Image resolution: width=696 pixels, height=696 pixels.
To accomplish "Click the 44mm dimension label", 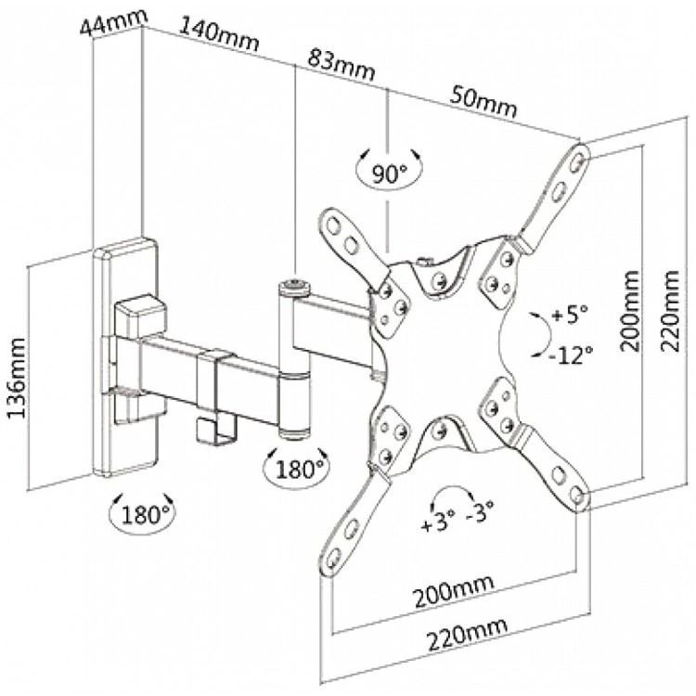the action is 113,22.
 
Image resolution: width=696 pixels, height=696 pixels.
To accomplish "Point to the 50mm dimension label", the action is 483,102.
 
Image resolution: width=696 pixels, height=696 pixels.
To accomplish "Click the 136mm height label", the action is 17,379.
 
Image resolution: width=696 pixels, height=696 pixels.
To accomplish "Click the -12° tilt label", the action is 571,354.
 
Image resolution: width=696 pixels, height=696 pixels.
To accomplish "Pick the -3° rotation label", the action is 480,511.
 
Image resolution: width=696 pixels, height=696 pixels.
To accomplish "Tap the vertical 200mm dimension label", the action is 630,311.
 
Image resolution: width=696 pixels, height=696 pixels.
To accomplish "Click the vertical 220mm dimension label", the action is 670,311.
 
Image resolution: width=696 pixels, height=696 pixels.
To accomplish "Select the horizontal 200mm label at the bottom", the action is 454,592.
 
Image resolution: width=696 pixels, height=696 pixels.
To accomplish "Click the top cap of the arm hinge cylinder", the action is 294,285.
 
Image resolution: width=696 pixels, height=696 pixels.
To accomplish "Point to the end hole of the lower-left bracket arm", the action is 335,554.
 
